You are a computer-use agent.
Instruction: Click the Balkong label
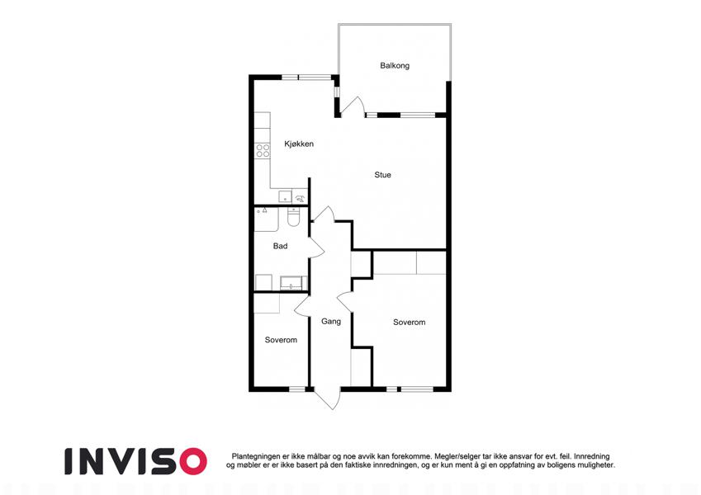point(395,66)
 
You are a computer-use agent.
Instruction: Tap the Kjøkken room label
point(299,144)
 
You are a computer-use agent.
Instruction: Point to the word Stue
point(382,175)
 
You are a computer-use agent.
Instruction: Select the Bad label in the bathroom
point(280,246)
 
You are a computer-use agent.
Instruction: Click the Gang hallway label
point(331,321)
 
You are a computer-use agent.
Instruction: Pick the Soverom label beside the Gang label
point(409,322)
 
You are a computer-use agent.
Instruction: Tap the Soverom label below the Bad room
point(281,340)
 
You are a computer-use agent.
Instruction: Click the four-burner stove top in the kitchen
point(263,150)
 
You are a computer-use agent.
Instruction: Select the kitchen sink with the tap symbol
point(299,197)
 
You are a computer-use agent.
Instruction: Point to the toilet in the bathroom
point(293,217)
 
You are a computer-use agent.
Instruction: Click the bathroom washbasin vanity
point(291,283)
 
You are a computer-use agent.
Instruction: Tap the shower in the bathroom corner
point(267,219)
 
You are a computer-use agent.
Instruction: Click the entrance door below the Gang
point(327,399)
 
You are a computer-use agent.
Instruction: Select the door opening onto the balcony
point(353,106)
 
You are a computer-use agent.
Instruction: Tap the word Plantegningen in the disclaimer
point(256,456)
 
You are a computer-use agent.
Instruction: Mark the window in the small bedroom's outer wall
point(297,389)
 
